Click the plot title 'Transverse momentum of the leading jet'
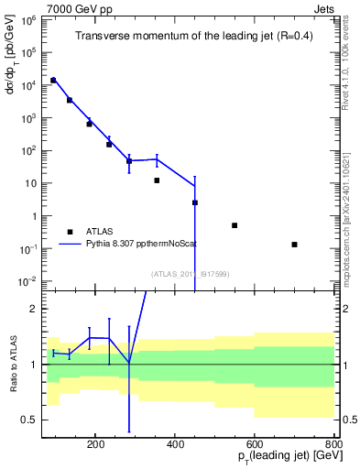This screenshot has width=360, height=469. coord(190,37)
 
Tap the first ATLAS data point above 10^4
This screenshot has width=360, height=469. coord(53,81)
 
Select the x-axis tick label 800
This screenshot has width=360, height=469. coord(333,443)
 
